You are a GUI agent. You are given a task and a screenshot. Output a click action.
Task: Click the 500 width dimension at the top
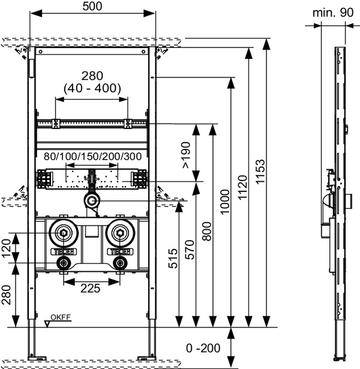[92, 7]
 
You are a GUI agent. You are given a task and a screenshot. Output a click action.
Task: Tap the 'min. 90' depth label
[333, 13]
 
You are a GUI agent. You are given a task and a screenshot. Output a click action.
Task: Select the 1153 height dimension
[260, 172]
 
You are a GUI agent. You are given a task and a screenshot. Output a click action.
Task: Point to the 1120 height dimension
[242, 188]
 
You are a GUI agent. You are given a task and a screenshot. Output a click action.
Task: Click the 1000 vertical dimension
[224, 202]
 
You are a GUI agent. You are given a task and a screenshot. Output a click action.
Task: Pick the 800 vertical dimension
[207, 231]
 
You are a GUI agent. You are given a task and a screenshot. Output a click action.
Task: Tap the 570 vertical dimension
[190, 250]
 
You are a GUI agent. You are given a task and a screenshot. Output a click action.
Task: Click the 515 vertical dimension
[173, 259]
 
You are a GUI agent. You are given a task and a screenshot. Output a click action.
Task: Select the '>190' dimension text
[186, 155]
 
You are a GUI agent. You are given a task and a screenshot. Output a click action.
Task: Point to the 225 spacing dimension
[91, 288]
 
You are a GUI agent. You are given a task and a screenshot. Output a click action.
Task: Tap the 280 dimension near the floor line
[6, 295]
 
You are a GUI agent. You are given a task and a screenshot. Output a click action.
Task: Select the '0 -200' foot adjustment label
[203, 348]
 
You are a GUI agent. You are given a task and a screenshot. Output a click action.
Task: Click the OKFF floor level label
[61, 317]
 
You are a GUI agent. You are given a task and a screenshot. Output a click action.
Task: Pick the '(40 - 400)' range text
[92, 88]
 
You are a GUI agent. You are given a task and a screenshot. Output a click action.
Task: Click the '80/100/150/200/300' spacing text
[93, 157]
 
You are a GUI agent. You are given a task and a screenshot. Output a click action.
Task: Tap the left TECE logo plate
[64, 252]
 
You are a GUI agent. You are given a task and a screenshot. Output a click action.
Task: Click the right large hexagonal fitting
[120, 233]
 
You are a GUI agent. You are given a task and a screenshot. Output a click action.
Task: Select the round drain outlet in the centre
[92, 201]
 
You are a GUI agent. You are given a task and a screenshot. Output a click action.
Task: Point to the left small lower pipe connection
[64, 263]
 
